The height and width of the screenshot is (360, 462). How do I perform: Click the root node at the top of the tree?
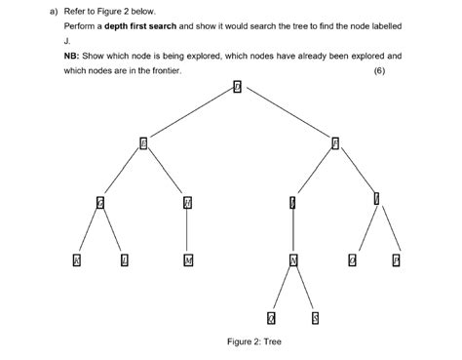click(236, 88)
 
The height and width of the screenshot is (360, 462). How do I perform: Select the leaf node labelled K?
click(77, 260)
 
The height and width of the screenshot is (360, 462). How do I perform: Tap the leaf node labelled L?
click(124, 260)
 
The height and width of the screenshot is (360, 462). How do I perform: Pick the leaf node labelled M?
click(187, 260)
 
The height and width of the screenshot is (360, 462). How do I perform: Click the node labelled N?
click(292, 260)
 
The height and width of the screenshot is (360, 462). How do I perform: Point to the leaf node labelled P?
click(396, 260)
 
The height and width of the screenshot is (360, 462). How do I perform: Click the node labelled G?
click(100, 203)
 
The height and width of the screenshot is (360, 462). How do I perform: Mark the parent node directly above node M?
click(187, 203)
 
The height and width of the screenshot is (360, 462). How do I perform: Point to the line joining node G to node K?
click(89, 231)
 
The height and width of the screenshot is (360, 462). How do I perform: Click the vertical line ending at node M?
click(187, 231)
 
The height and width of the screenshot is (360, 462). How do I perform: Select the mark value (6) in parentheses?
click(393, 71)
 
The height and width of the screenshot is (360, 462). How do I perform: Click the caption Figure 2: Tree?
click(254, 341)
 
